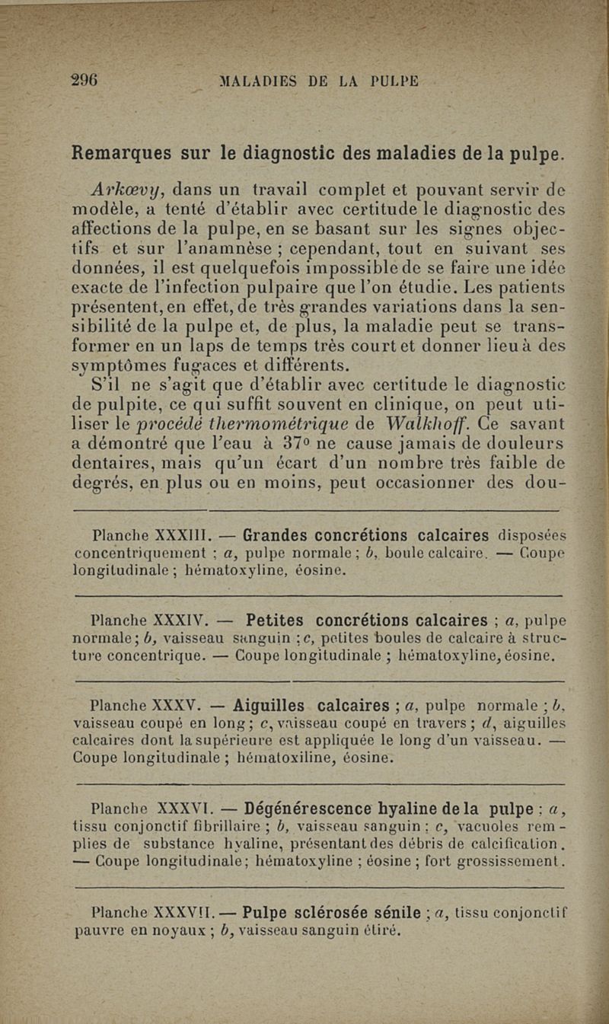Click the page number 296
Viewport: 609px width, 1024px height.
[x=86, y=81]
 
